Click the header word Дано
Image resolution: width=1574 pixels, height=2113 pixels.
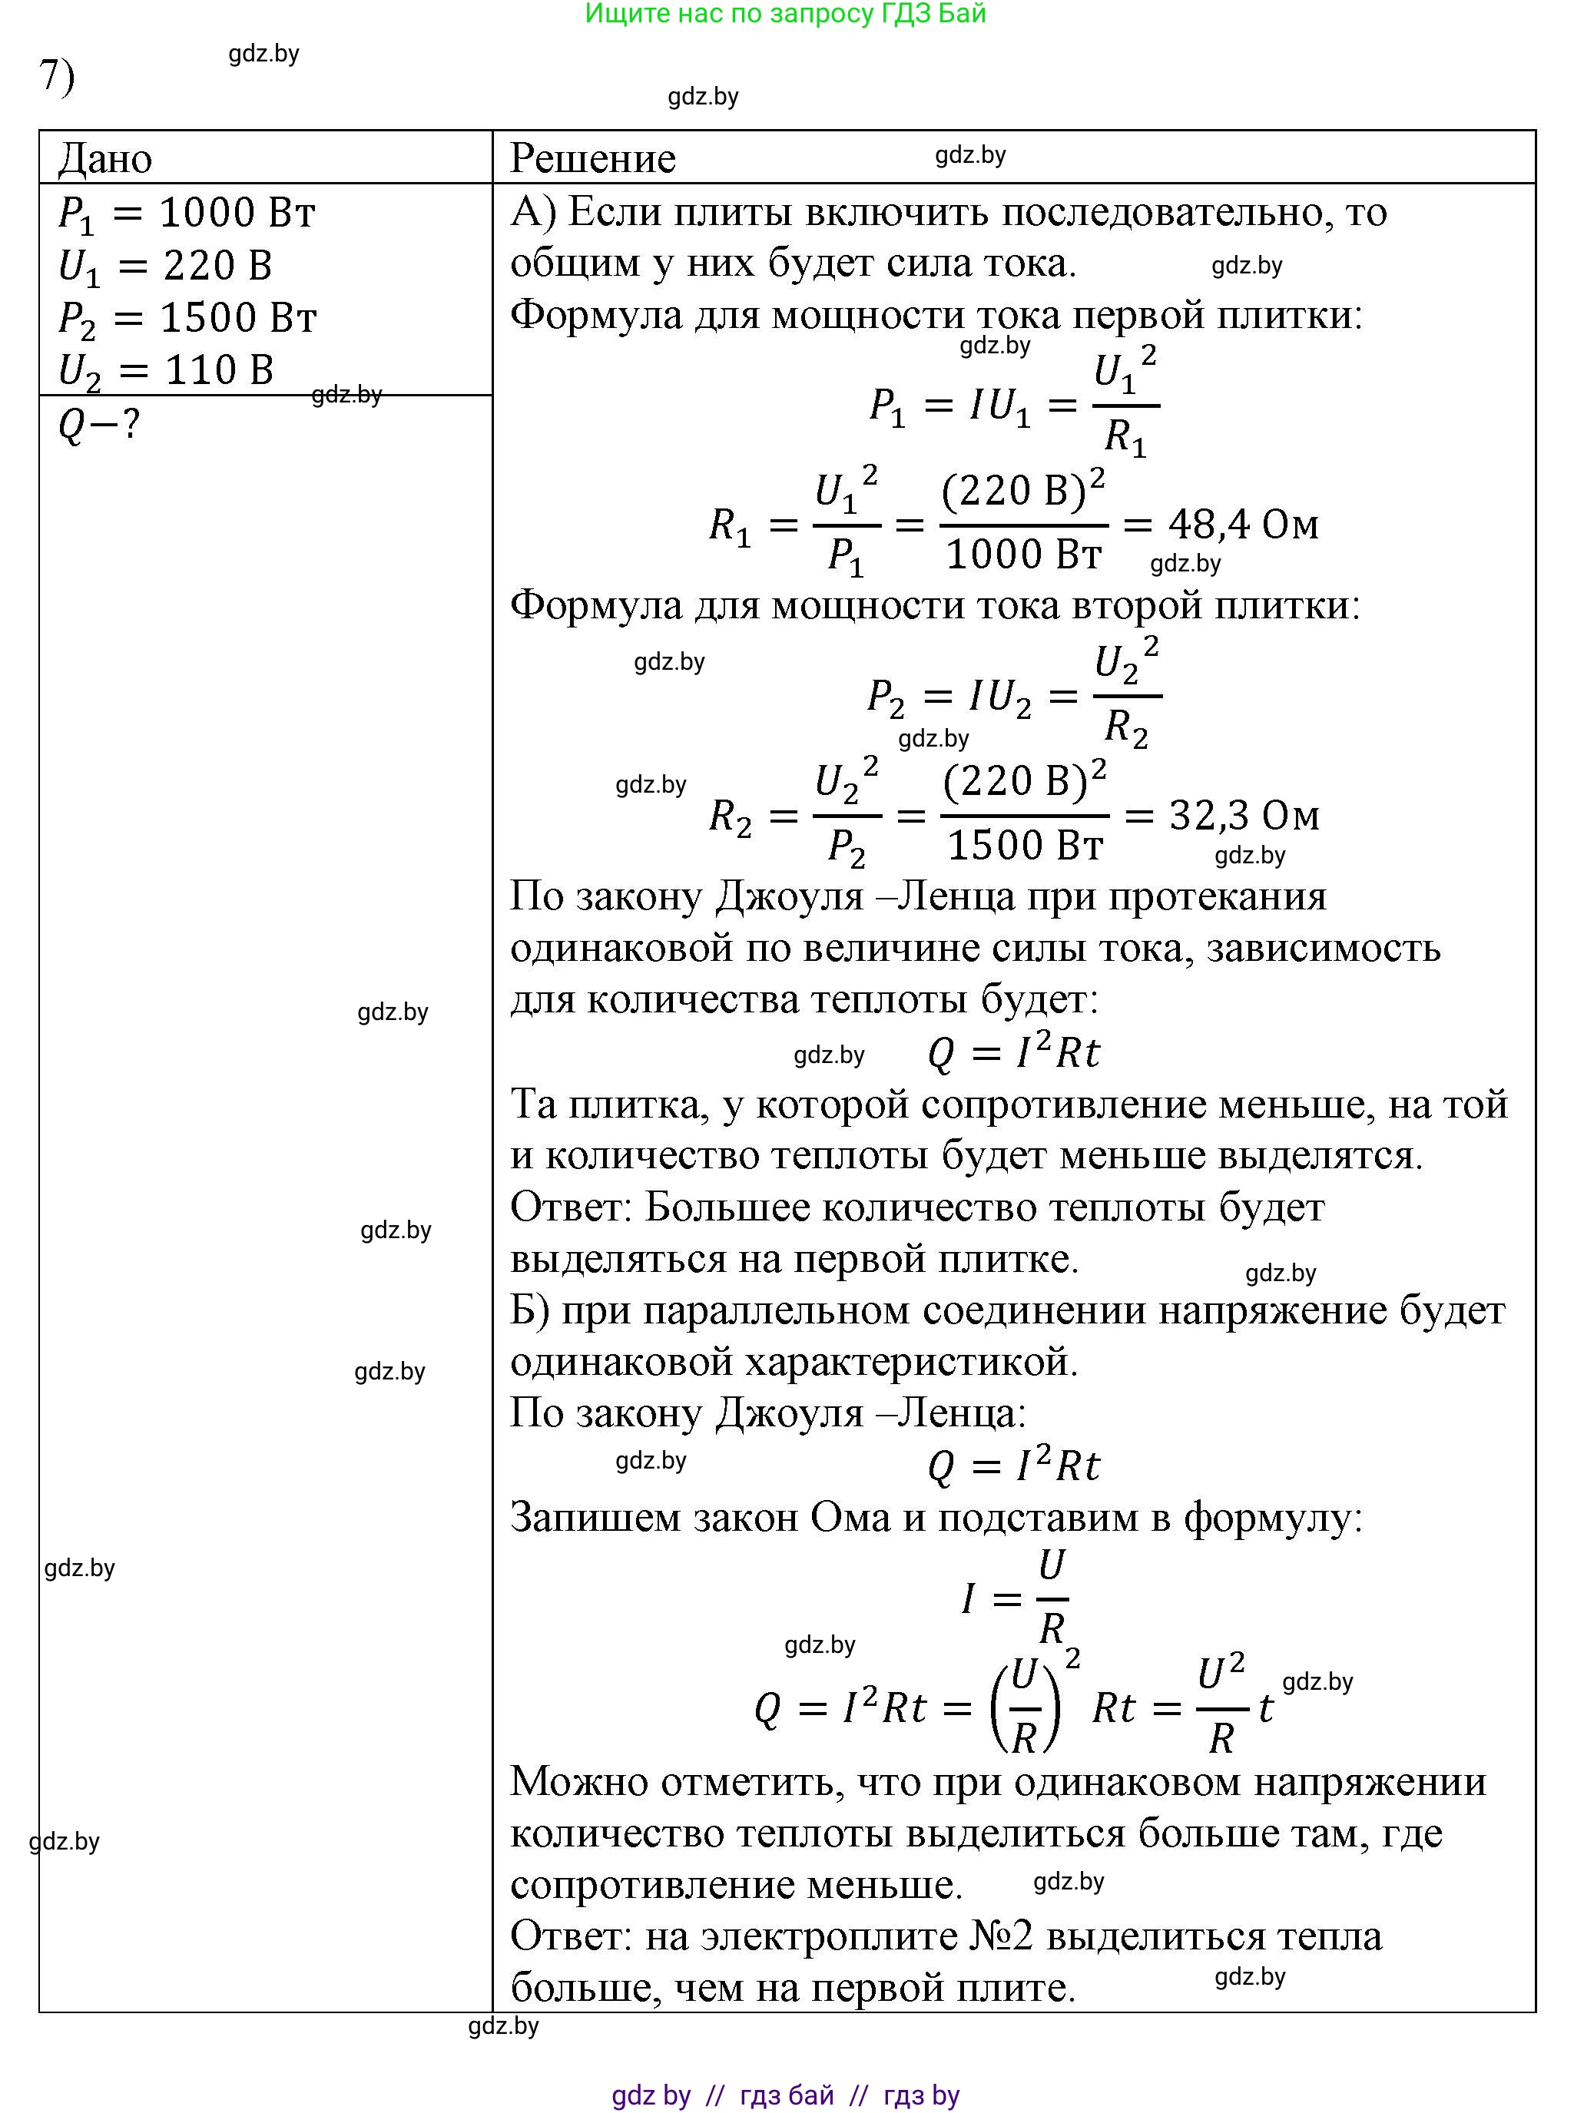[104, 159]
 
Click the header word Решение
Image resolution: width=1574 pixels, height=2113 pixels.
[592, 159]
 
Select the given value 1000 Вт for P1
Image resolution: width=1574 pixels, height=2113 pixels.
[237, 214]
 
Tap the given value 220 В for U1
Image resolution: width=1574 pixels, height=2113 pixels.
[218, 266]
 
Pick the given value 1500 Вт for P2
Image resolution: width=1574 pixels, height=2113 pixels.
[238, 318]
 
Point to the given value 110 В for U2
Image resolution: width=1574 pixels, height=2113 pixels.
[219, 370]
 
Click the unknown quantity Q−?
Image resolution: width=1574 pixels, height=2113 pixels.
[99, 424]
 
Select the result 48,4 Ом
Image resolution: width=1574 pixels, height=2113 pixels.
[1244, 524]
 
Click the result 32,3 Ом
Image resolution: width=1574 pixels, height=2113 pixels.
[1244, 816]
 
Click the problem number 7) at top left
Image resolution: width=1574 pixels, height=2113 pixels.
[56, 75]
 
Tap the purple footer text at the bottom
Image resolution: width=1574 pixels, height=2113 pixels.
[785, 2095]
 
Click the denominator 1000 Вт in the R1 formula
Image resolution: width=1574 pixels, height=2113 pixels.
[1023, 555]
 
